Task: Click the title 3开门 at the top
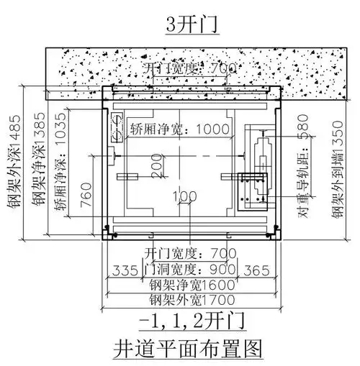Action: click(x=180, y=24)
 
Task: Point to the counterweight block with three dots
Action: click(x=252, y=188)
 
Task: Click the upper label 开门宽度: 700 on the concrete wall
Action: click(x=191, y=69)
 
